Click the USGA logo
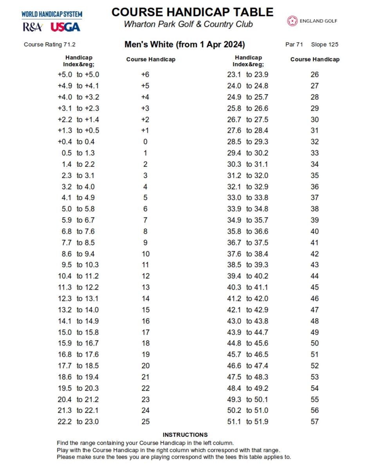click(x=65, y=27)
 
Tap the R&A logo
click(x=32, y=27)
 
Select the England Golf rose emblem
click(x=292, y=21)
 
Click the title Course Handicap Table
click(x=192, y=12)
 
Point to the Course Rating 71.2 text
click(x=50, y=45)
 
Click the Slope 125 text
click(x=325, y=45)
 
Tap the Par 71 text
click(x=294, y=45)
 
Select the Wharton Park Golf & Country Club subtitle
click(x=188, y=24)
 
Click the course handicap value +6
click(x=145, y=75)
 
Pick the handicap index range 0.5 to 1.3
click(x=78, y=153)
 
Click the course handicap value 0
click(x=145, y=142)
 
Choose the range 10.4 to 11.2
click(x=78, y=276)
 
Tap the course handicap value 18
click(x=145, y=343)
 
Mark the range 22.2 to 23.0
click(x=78, y=422)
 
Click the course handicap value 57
click(x=314, y=422)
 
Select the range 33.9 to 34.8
click(x=247, y=209)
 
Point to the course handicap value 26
click(x=314, y=75)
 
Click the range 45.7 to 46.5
click(x=247, y=355)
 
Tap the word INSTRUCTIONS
click(x=185, y=435)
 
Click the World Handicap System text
click(x=52, y=14)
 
